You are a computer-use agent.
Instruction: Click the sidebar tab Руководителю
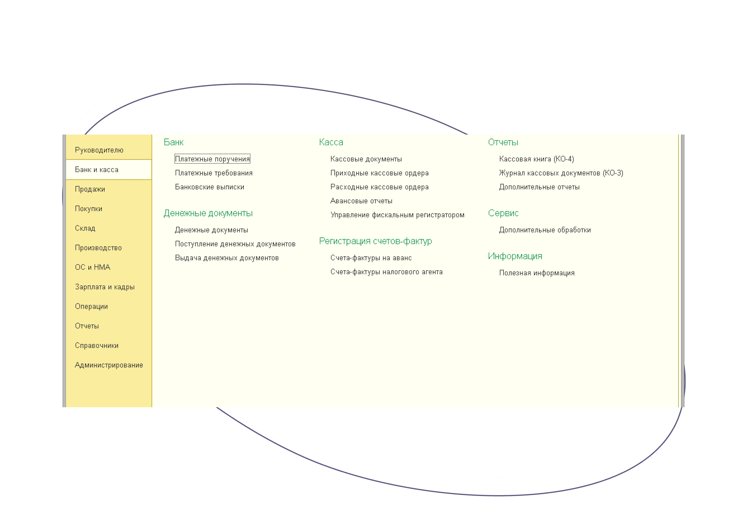click(x=99, y=150)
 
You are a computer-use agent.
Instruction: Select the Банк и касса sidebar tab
click(x=97, y=169)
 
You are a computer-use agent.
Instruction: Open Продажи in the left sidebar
click(x=90, y=189)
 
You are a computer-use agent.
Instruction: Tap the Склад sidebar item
click(x=85, y=228)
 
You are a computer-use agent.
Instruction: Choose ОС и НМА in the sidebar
click(x=92, y=267)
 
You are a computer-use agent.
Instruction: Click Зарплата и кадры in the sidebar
click(x=104, y=287)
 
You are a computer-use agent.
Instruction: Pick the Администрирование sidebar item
click(x=109, y=365)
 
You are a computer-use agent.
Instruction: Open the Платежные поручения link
click(x=212, y=159)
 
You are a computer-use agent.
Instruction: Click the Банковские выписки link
click(x=210, y=187)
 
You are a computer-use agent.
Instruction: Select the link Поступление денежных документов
click(x=235, y=244)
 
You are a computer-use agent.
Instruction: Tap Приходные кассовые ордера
click(x=379, y=173)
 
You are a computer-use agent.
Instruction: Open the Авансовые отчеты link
click(x=361, y=201)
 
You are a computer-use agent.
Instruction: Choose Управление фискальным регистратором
click(x=397, y=215)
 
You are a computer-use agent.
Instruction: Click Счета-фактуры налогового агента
click(x=386, y=272)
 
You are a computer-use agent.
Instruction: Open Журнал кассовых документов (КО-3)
click(x=561, y=173)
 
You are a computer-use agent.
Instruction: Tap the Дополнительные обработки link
click(x=545, y=230)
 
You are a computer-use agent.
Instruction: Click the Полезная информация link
click(x=537, y=273)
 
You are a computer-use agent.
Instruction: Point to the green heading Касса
click(x=331, y=142)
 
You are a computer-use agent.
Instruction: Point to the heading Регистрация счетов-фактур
click(x=375, y=241)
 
